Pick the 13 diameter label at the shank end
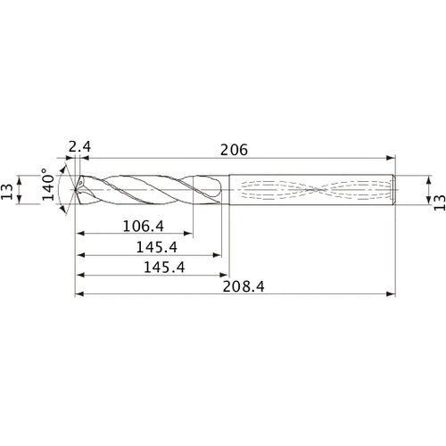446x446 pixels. click(436, 190)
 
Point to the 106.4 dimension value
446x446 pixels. click(142, 227)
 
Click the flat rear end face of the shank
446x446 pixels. click(395, 190)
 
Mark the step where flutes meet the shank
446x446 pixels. click(229, 189)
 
